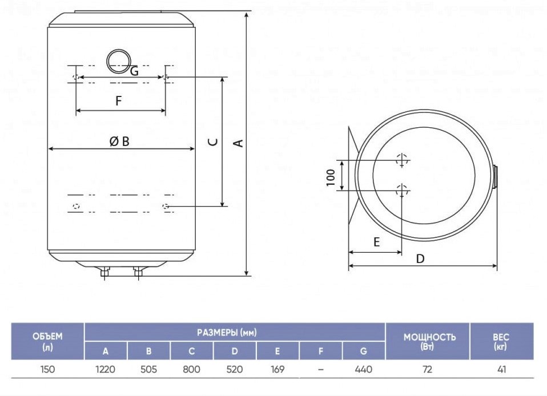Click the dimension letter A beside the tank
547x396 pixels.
pos(238,143)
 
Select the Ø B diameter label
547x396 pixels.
pos(119,141)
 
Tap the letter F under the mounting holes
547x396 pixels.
pos(119,101)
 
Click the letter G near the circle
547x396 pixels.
pos(134,71)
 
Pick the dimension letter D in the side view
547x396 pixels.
pos(420,258)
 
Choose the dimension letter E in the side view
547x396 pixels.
pos(376,242)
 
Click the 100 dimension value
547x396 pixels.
pos(331,177)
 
